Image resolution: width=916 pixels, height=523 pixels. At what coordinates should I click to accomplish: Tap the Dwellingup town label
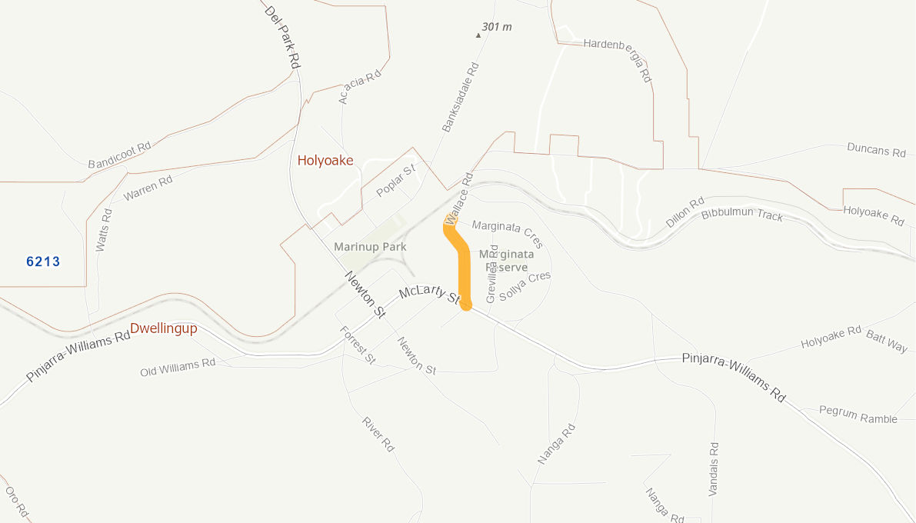(163, 328)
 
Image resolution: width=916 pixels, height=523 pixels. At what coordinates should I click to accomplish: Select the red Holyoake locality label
(325, 160)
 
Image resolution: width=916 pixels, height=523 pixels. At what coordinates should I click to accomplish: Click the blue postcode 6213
(43, 261)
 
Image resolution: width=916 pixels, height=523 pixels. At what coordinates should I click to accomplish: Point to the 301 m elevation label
(496, 27)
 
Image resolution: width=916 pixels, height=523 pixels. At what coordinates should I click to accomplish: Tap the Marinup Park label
(370, 247)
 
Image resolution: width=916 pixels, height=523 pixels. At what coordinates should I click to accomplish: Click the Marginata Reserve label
(506, 260)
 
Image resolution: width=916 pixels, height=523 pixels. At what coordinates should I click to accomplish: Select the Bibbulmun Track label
(742, 214)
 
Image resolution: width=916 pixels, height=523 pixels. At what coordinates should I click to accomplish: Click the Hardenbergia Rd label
(618, 60)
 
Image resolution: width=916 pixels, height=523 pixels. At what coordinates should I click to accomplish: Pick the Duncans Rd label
(876, 149)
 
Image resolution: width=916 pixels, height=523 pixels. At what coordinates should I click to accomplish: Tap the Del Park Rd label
(281, 37)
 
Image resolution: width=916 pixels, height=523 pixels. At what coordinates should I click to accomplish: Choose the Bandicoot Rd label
(119, 155)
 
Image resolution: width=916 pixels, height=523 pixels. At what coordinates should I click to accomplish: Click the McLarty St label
(428, 292)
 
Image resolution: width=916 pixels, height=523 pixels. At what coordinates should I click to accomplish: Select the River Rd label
(378, 434)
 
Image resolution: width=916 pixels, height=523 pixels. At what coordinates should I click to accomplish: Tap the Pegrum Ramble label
(858, 415)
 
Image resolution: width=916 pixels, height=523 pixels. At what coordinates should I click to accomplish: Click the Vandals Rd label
(714, 468)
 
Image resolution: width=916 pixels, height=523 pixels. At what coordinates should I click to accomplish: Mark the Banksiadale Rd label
(461, 97)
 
